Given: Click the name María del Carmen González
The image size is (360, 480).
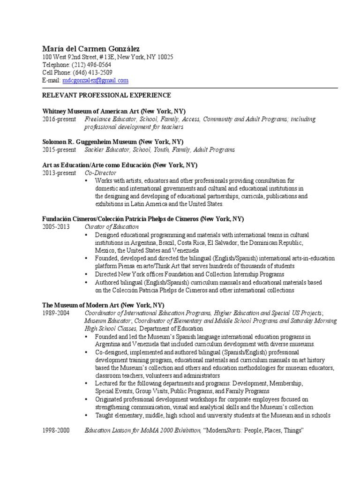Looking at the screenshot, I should [x=91, y=48].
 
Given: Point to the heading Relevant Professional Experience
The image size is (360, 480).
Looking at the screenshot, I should [x=106, y=95].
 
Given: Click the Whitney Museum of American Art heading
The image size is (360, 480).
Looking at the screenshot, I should [x=114, y=111].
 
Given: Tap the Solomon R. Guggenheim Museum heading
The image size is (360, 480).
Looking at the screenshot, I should [x=113, y=142].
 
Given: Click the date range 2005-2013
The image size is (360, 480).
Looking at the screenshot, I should [x=56, y=227].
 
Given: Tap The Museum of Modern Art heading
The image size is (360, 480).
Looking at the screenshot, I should [x=103, y=304].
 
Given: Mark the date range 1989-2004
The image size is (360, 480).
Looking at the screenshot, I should [x=56, y=313].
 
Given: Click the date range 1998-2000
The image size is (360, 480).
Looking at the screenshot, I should [x=56, y=430].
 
